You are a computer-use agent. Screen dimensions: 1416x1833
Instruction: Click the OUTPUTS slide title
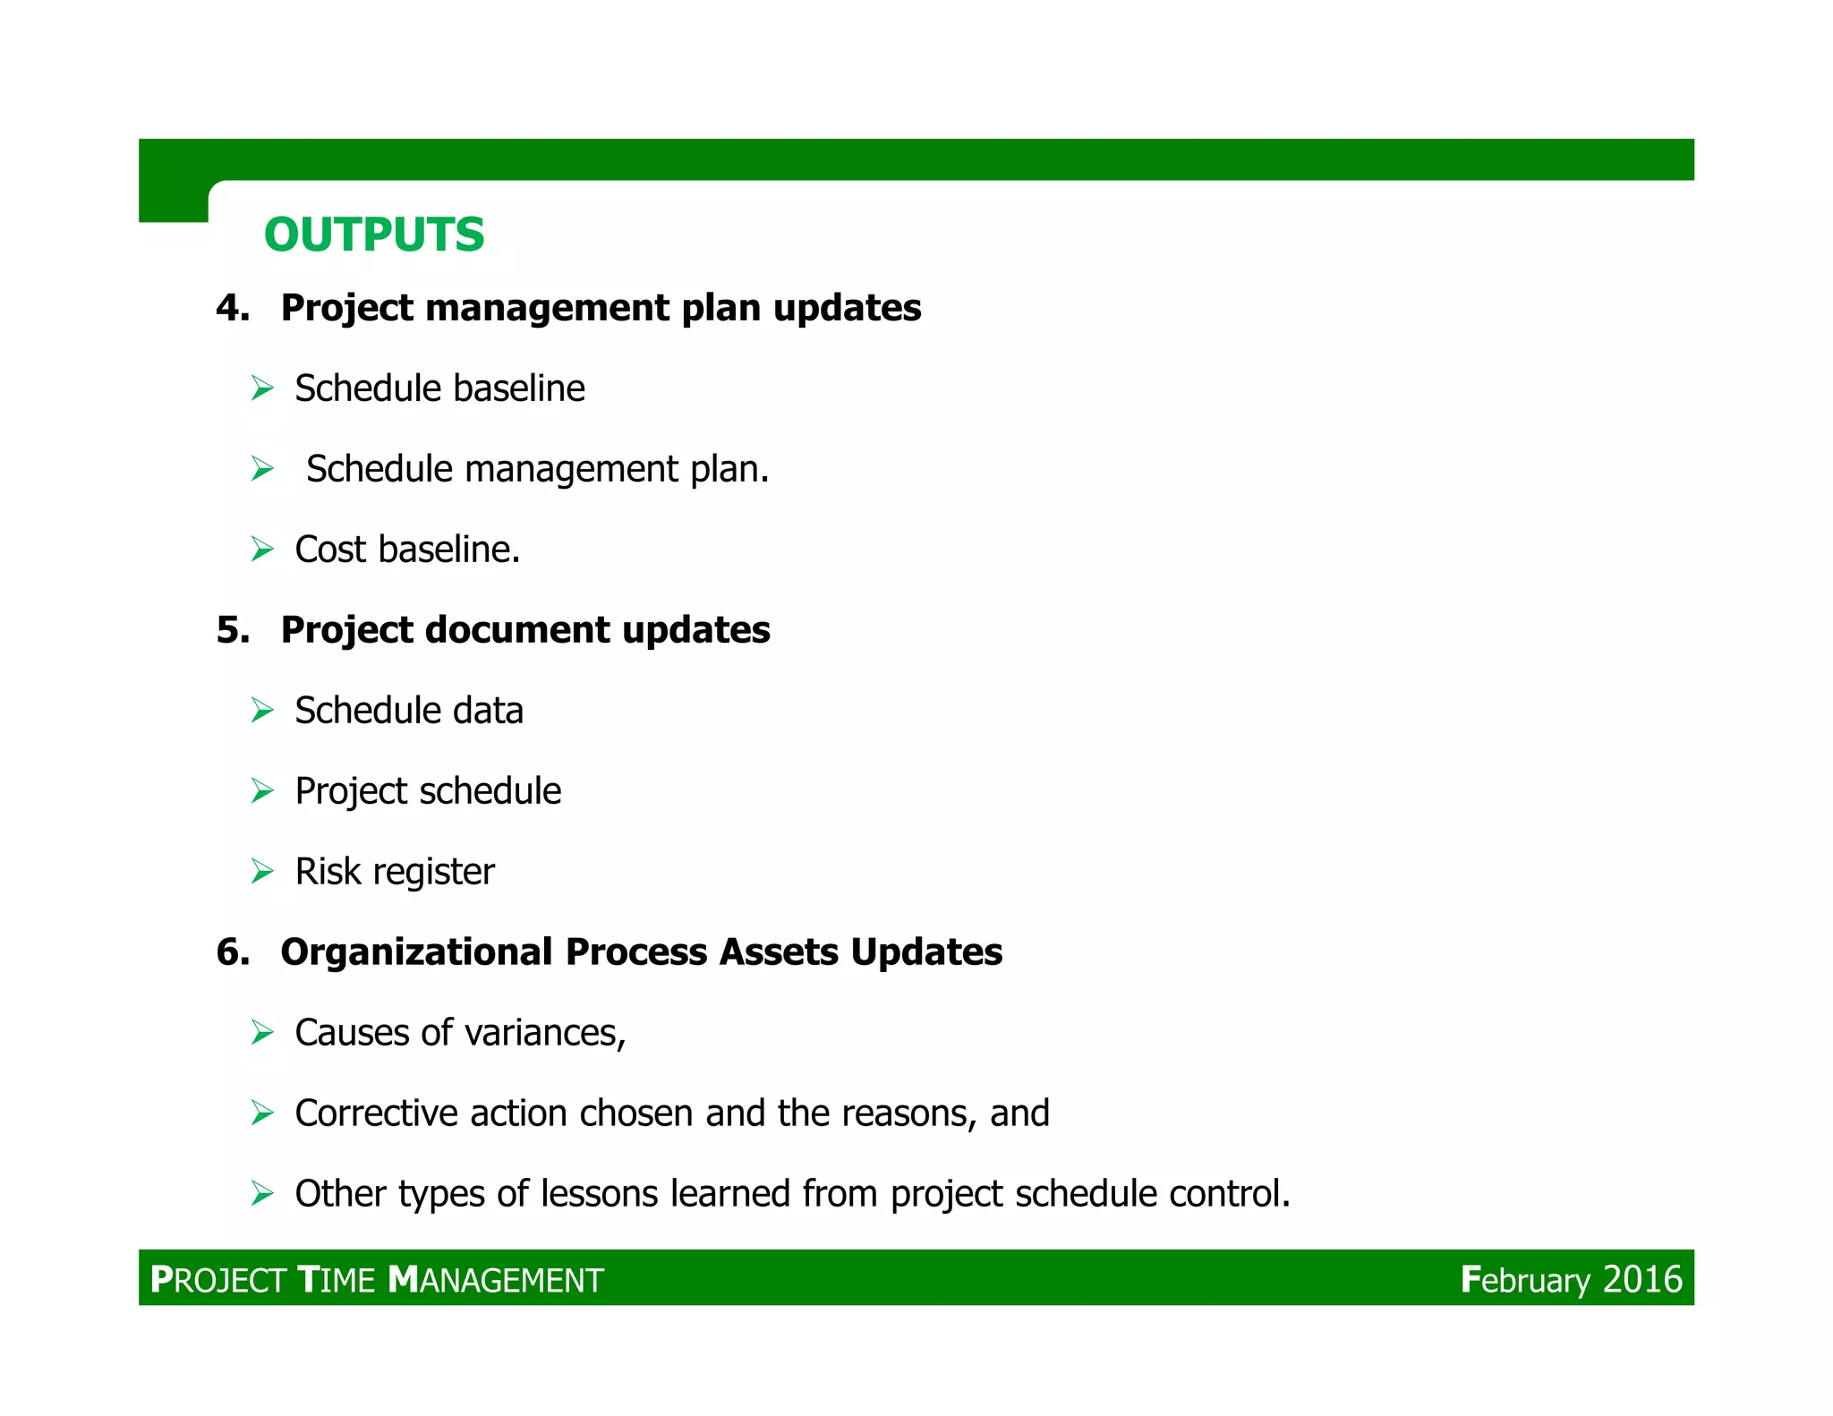point(374,235)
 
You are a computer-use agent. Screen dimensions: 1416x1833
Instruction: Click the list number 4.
point(231,308)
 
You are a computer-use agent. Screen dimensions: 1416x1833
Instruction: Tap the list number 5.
point(231,630)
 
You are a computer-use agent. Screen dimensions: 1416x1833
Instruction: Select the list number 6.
point(231,952)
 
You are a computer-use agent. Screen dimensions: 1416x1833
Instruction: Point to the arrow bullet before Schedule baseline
point(262,388)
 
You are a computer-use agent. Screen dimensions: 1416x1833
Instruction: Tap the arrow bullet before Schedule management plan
point(262,469)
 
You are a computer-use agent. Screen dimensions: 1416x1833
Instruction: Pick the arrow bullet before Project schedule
point(262,791)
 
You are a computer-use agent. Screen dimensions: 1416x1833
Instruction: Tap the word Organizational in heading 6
point(416,952)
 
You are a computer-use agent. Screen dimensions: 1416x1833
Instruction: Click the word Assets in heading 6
point(778,952)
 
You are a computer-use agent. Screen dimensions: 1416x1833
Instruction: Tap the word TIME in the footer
point(337,1280)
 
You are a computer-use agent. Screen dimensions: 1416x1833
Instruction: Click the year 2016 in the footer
point(1641,1280)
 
